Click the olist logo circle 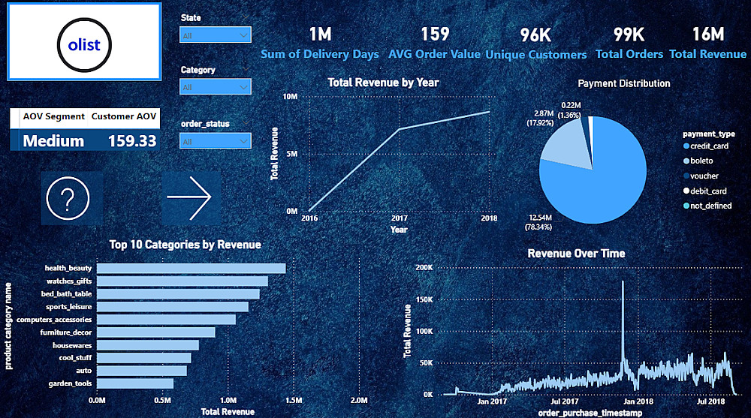point(84,45)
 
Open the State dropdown point(215,35)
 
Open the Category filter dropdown point(215,87)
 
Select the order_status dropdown point(215,141)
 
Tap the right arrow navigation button point(191,198)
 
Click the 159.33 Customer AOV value point(131,141)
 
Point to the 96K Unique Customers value point(535,35)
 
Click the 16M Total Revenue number point(707,35)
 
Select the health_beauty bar point(192,268)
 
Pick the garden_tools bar point(135,383)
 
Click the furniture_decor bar point(156,332)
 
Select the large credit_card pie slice point(601,180)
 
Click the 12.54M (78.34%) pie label point(545,221)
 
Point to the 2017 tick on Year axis point(399,218)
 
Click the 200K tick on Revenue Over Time point(423,268)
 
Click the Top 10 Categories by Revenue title point(185,245)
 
